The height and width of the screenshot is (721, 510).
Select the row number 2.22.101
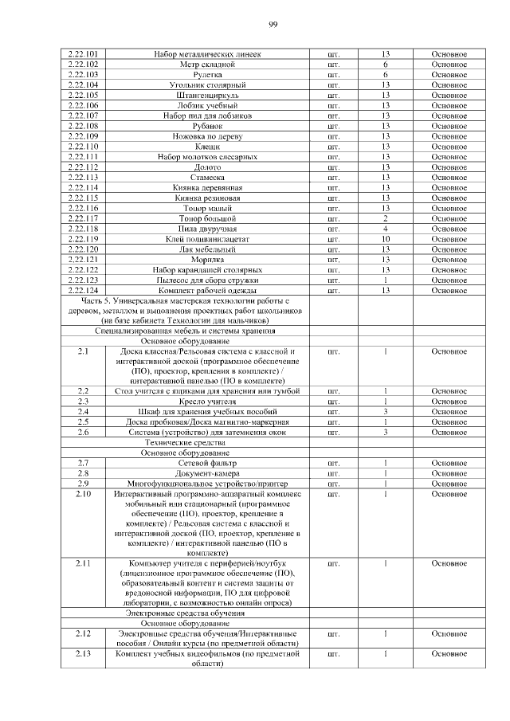(83, 53)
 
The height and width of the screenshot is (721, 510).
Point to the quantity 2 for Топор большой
(385, 218)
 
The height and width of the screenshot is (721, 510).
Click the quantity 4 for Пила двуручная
(385, 229)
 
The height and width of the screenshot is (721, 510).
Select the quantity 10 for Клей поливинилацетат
(385, 239)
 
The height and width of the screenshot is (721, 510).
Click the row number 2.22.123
(83, 280)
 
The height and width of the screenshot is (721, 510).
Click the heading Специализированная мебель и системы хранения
(186, 330)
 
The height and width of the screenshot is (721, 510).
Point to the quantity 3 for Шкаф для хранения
(385, 411)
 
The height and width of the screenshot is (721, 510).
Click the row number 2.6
(83, 432)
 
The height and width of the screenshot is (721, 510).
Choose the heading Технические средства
(186, 442)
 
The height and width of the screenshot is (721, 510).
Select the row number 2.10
(83, 494)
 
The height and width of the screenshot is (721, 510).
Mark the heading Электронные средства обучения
(186, 613)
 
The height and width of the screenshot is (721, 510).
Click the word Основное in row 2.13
(449, 654)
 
